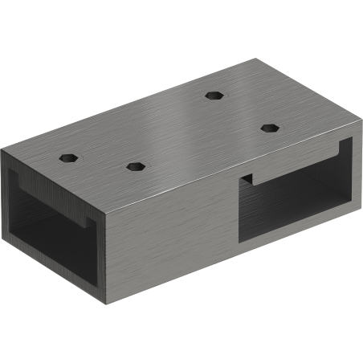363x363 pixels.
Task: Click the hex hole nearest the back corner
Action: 213,95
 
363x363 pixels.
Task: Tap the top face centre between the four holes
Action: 173,128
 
